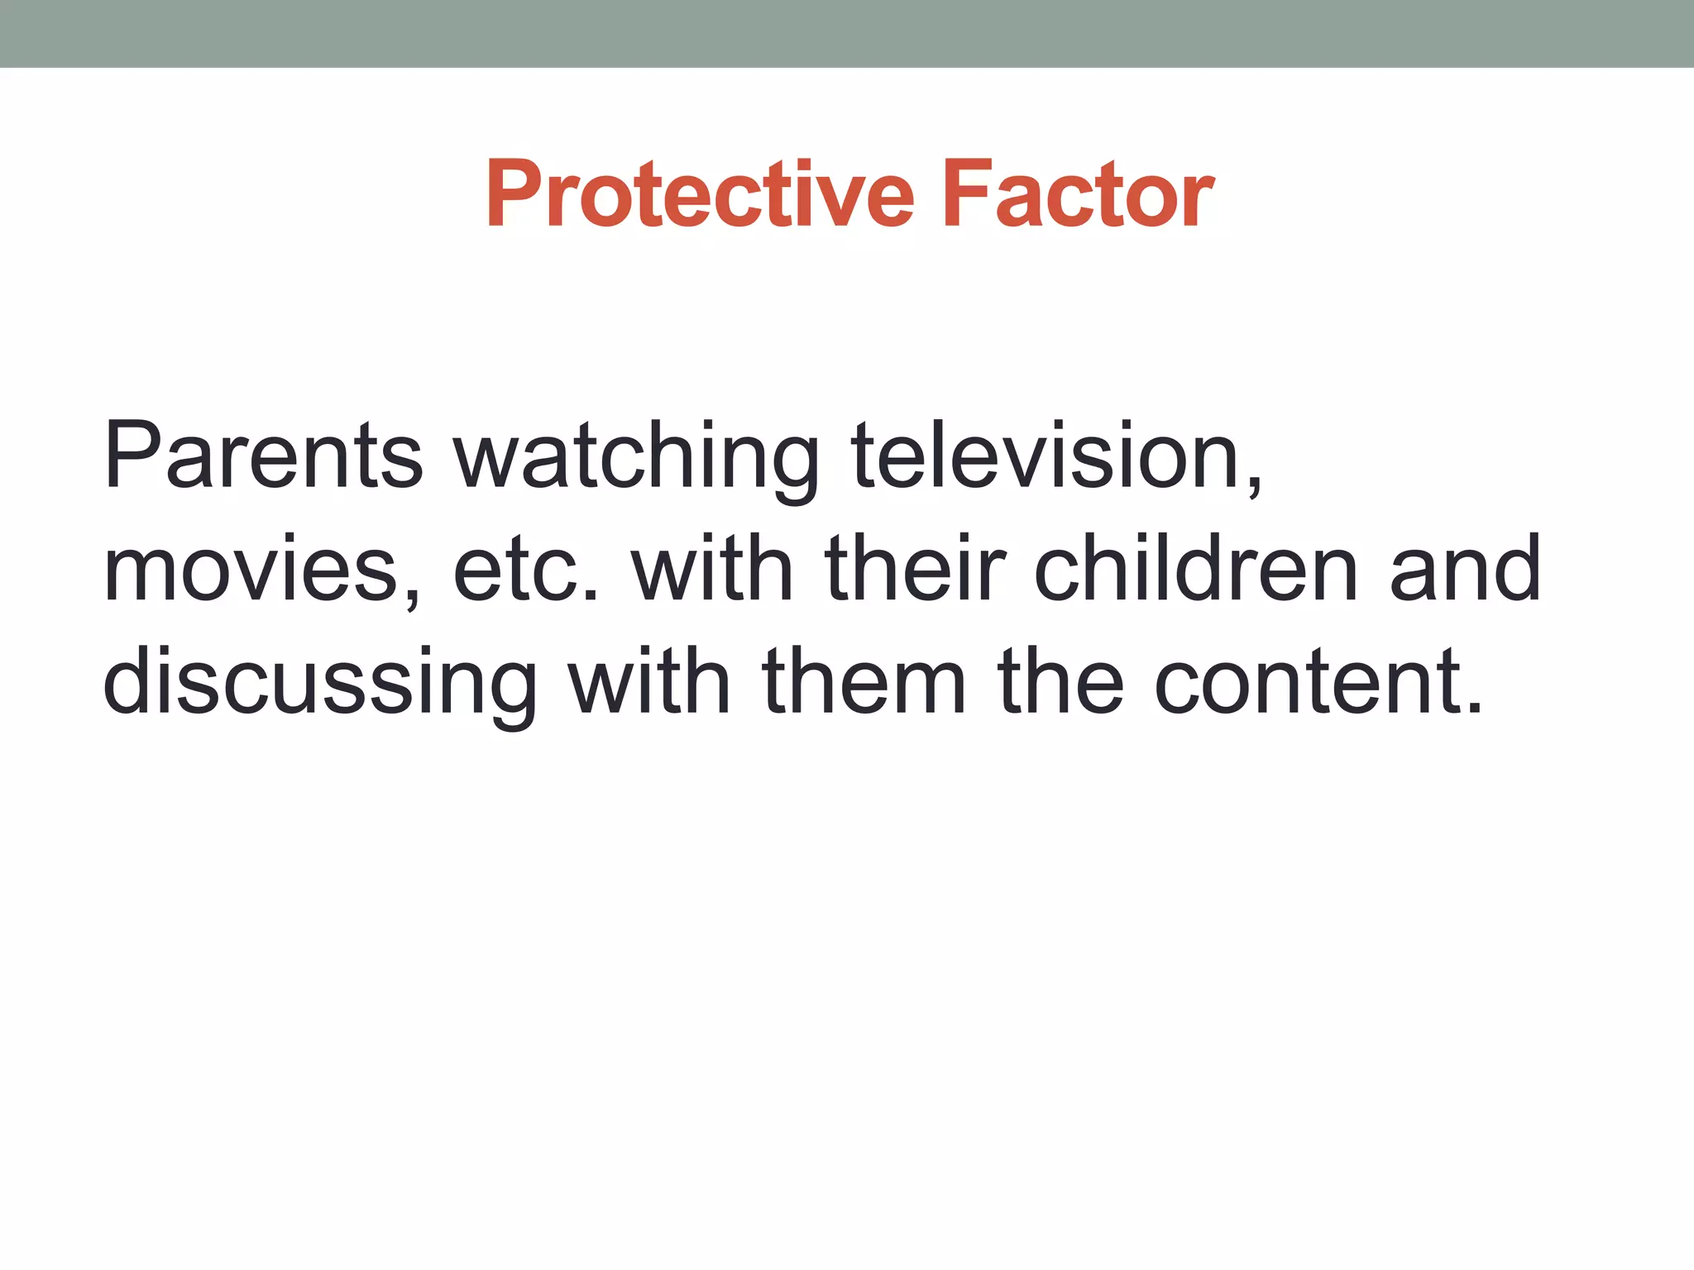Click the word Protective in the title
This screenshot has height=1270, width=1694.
(700, 194)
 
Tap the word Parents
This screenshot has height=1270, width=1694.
(263, 455)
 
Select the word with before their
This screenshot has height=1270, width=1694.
(712, 569)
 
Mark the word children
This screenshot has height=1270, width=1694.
(1196, 569)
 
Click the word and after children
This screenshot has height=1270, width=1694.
(1465, 569)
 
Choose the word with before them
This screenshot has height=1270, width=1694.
(649, 681)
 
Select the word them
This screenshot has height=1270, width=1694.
(864, 681)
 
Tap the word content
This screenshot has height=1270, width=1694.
(1307, 681)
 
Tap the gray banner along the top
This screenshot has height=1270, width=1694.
(847, 33)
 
